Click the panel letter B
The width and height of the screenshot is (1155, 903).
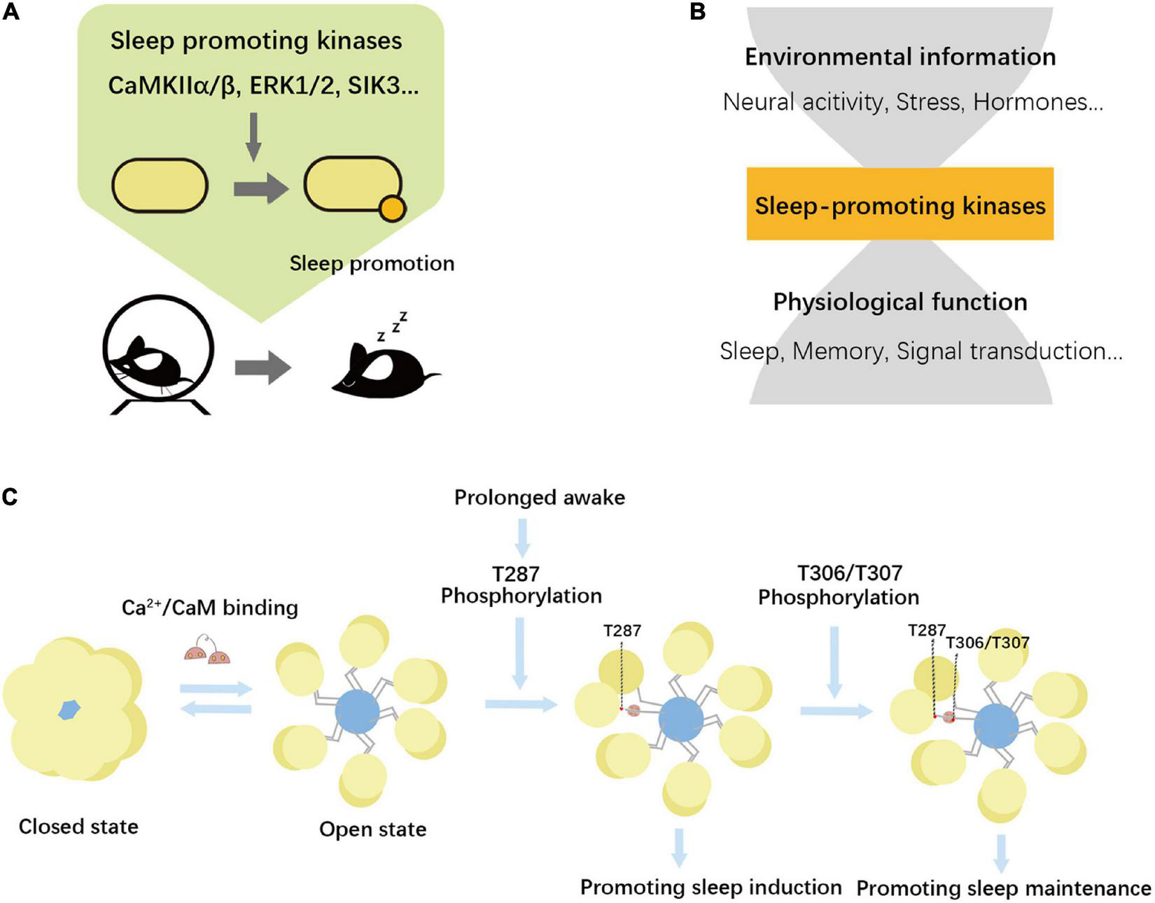[697, 11]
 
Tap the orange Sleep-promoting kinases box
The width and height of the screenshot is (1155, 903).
[900, 204]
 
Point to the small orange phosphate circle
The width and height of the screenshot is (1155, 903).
[393, 209]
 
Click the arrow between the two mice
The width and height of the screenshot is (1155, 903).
[263, 367]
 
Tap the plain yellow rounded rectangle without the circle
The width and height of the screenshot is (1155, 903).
[160, 185]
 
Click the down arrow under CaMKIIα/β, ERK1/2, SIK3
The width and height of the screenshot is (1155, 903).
[254, 136]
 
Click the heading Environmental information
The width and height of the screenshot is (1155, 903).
[900, 57]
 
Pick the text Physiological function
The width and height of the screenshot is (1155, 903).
[900, 302]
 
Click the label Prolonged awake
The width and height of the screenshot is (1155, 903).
[540, 498]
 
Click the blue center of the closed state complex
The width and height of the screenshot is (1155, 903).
[69, 710]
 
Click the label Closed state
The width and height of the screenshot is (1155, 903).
[78, 827]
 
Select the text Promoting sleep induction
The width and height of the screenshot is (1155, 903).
[710, 887]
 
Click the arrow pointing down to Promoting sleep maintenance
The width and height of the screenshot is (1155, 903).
[1002, 854]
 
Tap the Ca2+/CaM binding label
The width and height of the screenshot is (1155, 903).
[210, 608]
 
